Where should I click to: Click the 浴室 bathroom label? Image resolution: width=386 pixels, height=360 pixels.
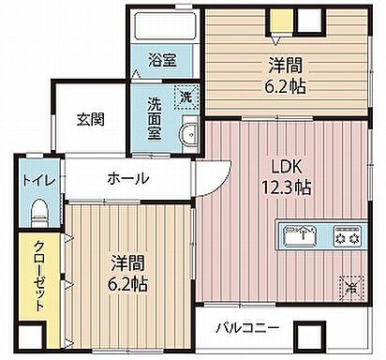point(163,61)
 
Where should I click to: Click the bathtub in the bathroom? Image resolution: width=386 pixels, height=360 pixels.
point(164,27)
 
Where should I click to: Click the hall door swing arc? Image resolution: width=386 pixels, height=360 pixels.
point(213,175)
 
